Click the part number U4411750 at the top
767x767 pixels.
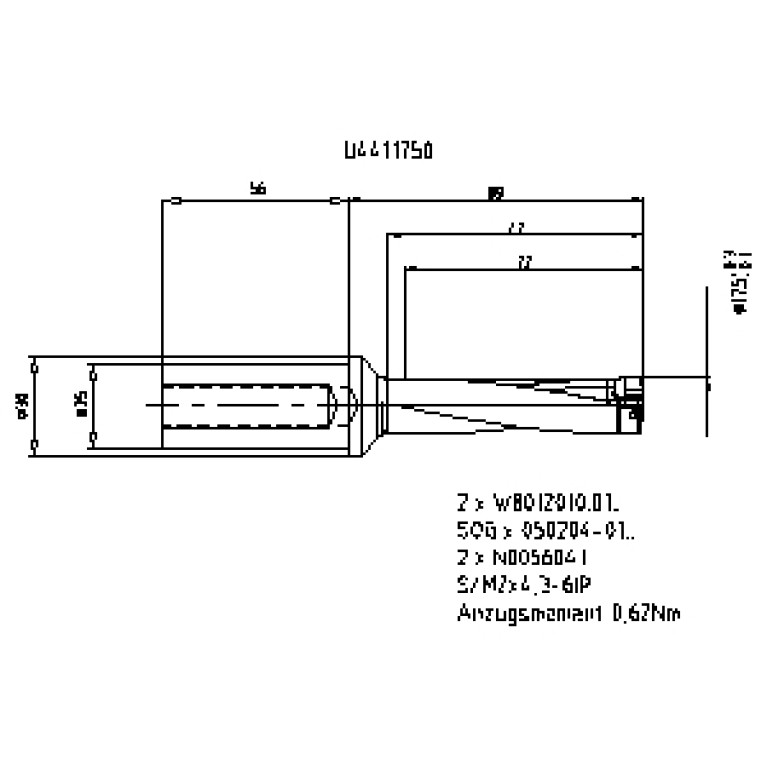point(387,151)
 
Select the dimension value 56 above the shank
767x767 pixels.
point(258,189)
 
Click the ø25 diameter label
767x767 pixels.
point(81,403)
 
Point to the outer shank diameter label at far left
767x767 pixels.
point(22,403)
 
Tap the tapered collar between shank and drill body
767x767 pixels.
point(371,404)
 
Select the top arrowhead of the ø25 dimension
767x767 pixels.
point(92,368)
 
